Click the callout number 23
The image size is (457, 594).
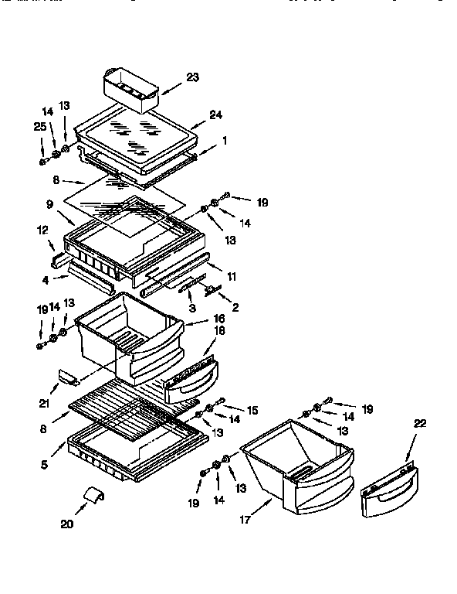(191, 77)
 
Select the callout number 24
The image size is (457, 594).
(216, 114)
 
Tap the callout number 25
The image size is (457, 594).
(39, 126)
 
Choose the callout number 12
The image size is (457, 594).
(42, 230)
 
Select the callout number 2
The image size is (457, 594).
(235, 307)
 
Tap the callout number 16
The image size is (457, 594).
(218, 317)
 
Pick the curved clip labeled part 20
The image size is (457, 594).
(94, 496)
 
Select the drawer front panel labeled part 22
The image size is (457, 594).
(391, 489)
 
